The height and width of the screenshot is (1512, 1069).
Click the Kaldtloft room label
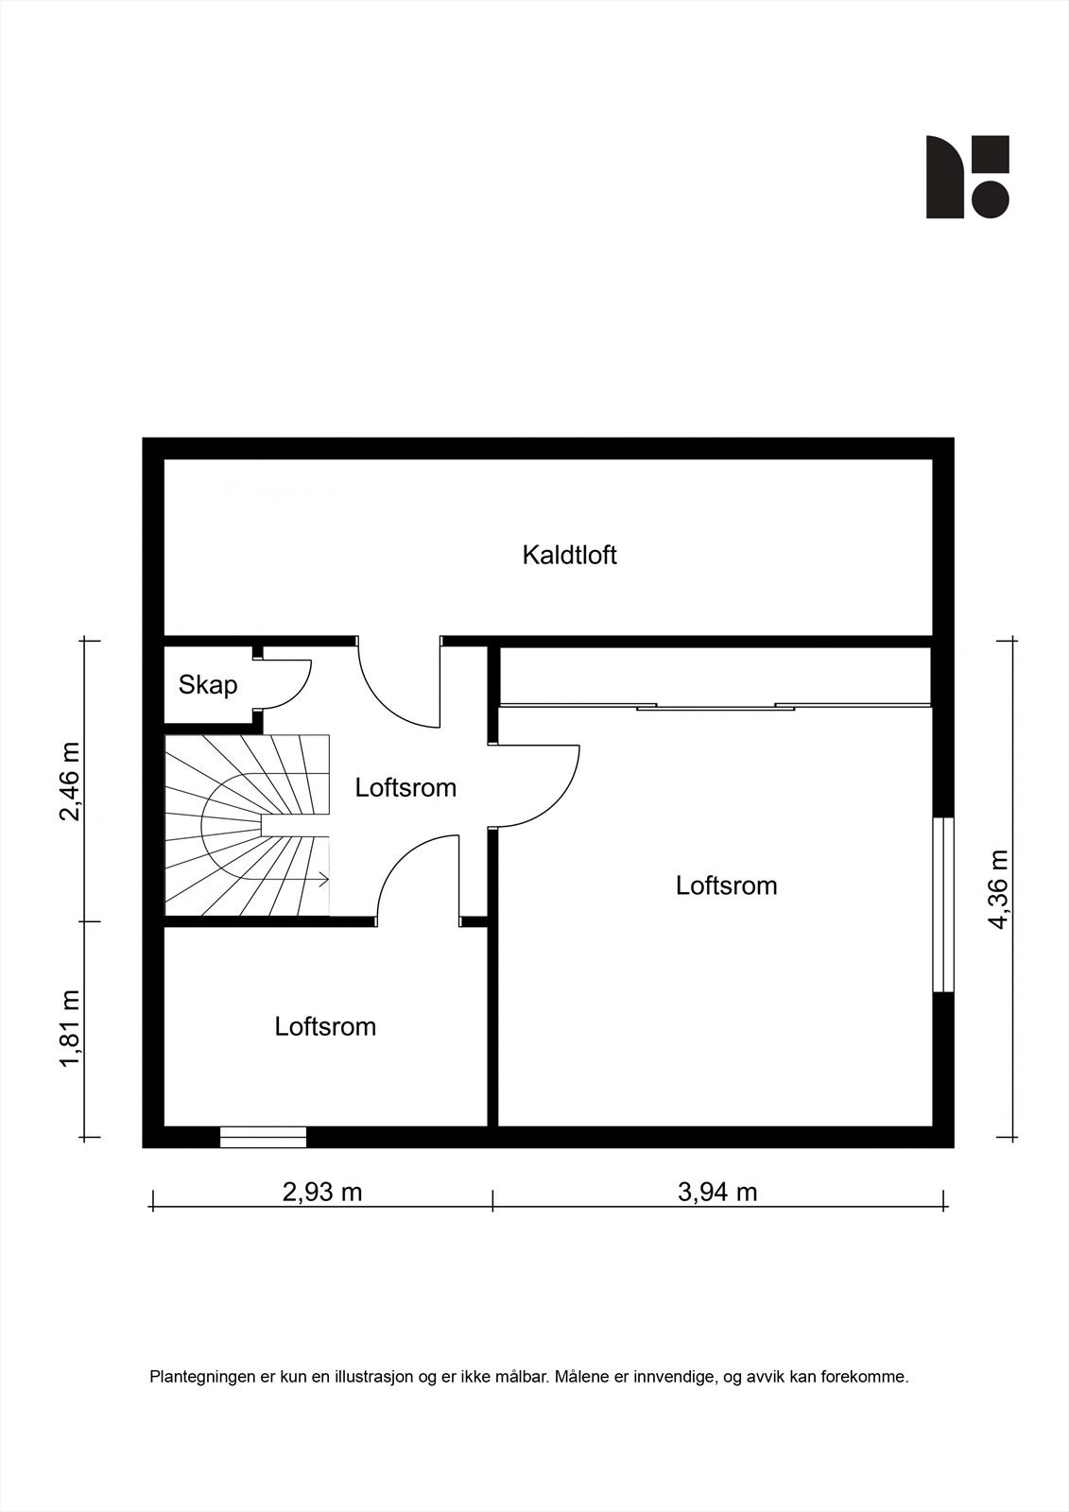pyautogui.click(x=569, y=555)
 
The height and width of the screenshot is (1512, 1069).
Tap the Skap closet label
pyautogui.click(x=208, y=684)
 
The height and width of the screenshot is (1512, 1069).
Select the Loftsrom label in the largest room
pyautogui.click(x=726, y=885)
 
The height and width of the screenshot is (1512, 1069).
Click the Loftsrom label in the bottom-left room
pyautogui.click(x=325, y=1026)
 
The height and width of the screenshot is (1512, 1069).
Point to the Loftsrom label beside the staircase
pyautogui.click(x=405, y=787)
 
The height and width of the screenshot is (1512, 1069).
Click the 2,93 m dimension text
pyautogui.click(x=322, y=1192)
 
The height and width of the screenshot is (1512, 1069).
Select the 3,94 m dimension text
pyautogui.click(x=717, y=1192)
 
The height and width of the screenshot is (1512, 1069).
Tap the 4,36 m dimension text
pyautogui.click(x=999, y=888)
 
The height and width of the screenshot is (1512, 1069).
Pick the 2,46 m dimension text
pyautogui.click(x=70, y=782)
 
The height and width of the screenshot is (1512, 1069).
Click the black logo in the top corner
pyautogui.click(x=967, y=177)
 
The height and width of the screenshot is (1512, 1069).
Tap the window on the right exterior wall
pyautogui.click(x=943, y=904)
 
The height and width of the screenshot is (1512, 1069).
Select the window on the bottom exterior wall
pyautogui.click(x=263, y=1137)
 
